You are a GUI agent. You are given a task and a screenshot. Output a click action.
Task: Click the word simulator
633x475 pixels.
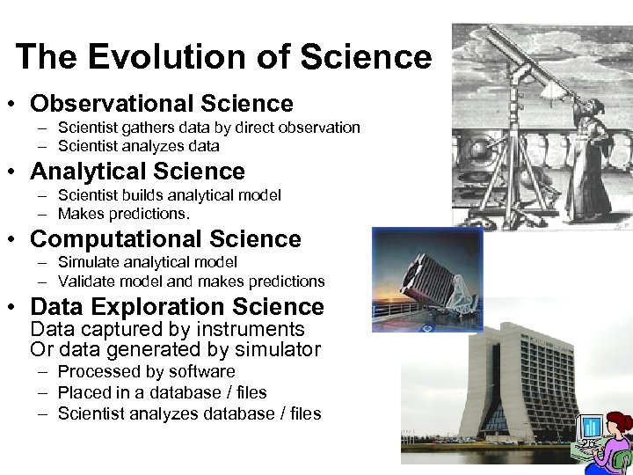point(279,349)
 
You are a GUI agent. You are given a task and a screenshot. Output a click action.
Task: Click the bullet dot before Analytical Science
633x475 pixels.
point(18,172)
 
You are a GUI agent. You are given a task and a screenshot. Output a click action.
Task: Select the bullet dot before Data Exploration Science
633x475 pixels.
point(18,308)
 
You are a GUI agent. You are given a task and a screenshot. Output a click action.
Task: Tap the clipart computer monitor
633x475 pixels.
point(592,429)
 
